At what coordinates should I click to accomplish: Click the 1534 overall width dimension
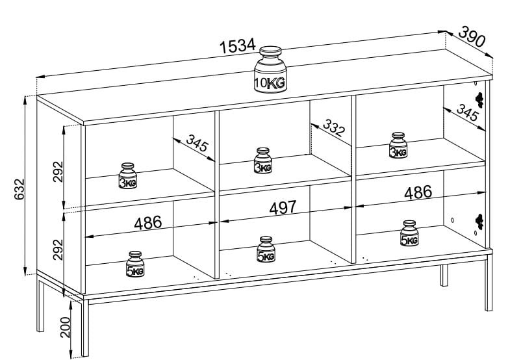[x=236, y=46]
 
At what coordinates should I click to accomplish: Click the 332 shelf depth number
[x=333, y=128]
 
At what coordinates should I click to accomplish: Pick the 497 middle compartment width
[x=283, y=207]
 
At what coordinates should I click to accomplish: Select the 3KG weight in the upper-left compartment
[x=128, y=175]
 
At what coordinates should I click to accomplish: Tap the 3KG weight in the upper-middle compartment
[x=263, y=161]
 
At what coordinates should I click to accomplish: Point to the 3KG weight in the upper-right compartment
[x=398, y=146]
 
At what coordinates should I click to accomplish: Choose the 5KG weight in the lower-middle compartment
[x=266, y=250]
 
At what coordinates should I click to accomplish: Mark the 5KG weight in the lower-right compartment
[x=409, y=234]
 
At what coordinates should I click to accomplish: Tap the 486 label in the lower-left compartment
[x=147, y=222]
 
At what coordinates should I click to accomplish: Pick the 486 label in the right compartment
[x=418, y=192]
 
